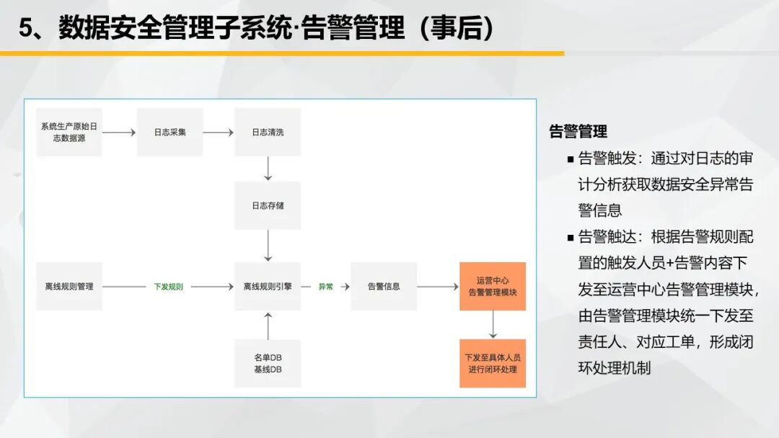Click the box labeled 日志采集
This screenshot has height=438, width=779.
(170, 133)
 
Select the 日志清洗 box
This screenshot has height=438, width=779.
(268, 133)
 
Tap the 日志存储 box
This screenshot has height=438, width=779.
(268, 205)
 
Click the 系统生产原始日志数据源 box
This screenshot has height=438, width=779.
(69, 133)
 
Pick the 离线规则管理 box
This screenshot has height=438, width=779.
(69, 286)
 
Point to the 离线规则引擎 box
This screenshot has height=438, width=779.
(268, 286)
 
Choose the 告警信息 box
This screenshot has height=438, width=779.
(384, 286)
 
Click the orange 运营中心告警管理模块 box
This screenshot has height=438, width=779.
(493, 286)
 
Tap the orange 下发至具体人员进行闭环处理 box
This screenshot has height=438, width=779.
(493, 363)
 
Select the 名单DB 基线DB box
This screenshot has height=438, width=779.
(268, 363)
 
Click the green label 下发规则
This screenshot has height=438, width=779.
(168, 287)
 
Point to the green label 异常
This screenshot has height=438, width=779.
(326, 287)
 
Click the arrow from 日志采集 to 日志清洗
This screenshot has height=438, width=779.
(218, 133)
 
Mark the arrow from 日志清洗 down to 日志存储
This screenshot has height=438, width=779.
(268, 169)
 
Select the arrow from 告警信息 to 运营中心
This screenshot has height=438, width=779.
(438, 287)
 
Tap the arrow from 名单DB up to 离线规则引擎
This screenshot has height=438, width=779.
(268, 326)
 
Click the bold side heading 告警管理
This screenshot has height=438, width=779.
(578, 131)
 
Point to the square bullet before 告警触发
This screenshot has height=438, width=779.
(571, 160)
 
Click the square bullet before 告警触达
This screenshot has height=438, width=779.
(571, 238)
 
